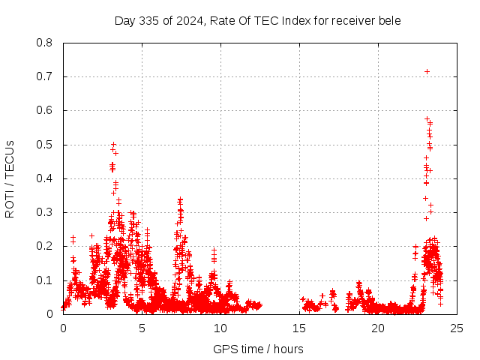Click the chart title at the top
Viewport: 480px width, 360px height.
pyautogui.click(x=257, y=20)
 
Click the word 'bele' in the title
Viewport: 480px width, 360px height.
pyautogui.click(x=389, y=20)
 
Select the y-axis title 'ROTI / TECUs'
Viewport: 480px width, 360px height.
pyautogui.click(x=10, y=178)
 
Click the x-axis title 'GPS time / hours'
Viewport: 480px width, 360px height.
pyautogui.click(x=258, y=349)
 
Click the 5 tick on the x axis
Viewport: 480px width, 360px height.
pyautogui.click(x=142, y=328)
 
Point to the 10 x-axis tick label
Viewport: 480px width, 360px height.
pyautogui.click(x=220, y=328)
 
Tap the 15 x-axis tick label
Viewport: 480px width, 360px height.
pyautogui.click(x=299, y=328)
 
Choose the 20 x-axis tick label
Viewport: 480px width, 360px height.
pyautogui.click(x=378, y=328)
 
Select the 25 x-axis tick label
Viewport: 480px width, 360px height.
pyautogui.click(x=457, y=328)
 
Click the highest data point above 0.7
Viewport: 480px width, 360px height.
pyautogui.click(x=427, y=71)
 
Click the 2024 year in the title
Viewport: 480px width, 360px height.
pyautogui.click(x=187, y=20)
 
